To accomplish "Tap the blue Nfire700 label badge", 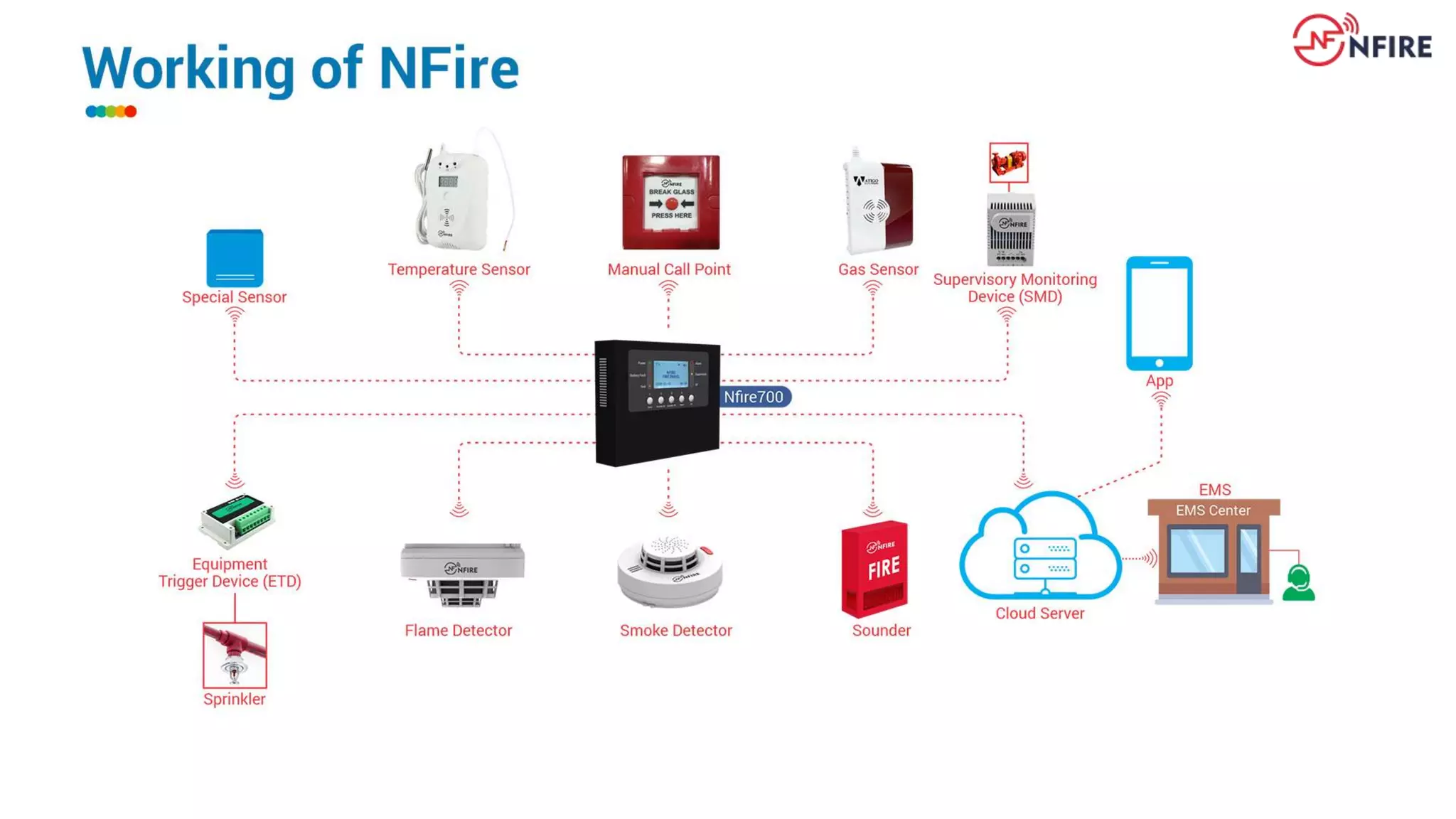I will (x=754, y=397).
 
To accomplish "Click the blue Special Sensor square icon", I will (x=235, y=257).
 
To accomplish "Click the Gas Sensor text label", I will (x=878, y=269).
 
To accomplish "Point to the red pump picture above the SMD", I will (x=1008, y=162).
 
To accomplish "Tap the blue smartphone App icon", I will (x=1159, y=313).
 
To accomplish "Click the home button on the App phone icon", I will (x=1159, y=363).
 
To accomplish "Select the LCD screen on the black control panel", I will (x=670, y=373).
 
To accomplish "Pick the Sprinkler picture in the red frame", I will (x=235, y=655).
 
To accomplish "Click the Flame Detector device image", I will (x=462, y=574).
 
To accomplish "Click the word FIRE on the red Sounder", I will (x=884, y=568).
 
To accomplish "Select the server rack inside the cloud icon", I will (x=1044, y=559).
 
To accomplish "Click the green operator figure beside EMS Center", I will (x=1298, y=583).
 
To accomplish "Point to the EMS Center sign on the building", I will (x=1213, y=510).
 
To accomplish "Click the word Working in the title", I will (x=188, y=69).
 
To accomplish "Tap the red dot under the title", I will (x=131, y=112).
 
